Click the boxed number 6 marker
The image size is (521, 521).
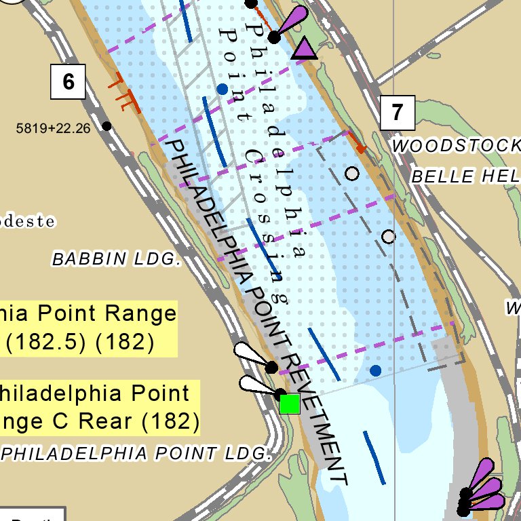click(x=69, y=81)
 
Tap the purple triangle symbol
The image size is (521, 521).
click(x=304, y=49)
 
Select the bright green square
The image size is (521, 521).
click(x=290, y=403)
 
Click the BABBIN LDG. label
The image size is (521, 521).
click(x=117, y=258)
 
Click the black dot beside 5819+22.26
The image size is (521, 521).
click(x=107, y=126)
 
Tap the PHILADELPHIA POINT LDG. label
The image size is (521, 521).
click(x=136, y=452)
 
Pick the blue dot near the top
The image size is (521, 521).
click(x=222, y=89)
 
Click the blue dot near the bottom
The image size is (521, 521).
click(x=375, y=370)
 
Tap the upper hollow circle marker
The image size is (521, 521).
click(x=351, y=174)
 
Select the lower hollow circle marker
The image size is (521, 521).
click(x=388, y=237)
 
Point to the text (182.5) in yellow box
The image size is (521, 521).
click(x=46, y=342)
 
